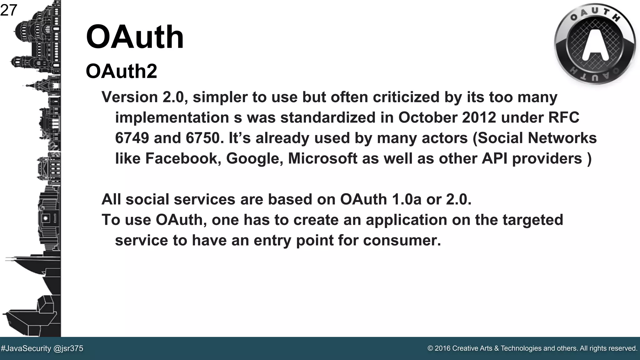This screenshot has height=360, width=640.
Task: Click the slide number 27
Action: [8, 11]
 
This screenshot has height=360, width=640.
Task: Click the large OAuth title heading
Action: [135, 37]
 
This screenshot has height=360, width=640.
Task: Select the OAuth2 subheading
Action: [121, 71]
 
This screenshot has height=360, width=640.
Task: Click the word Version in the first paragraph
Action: [130, 97]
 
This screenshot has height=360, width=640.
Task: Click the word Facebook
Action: [183, 159]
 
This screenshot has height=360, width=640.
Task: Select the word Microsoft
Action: [322, 159]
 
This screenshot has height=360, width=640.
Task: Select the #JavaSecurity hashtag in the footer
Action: [26, 348]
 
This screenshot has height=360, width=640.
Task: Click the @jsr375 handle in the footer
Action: [68, 348]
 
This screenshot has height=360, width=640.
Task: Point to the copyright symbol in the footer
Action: [430, 348]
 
